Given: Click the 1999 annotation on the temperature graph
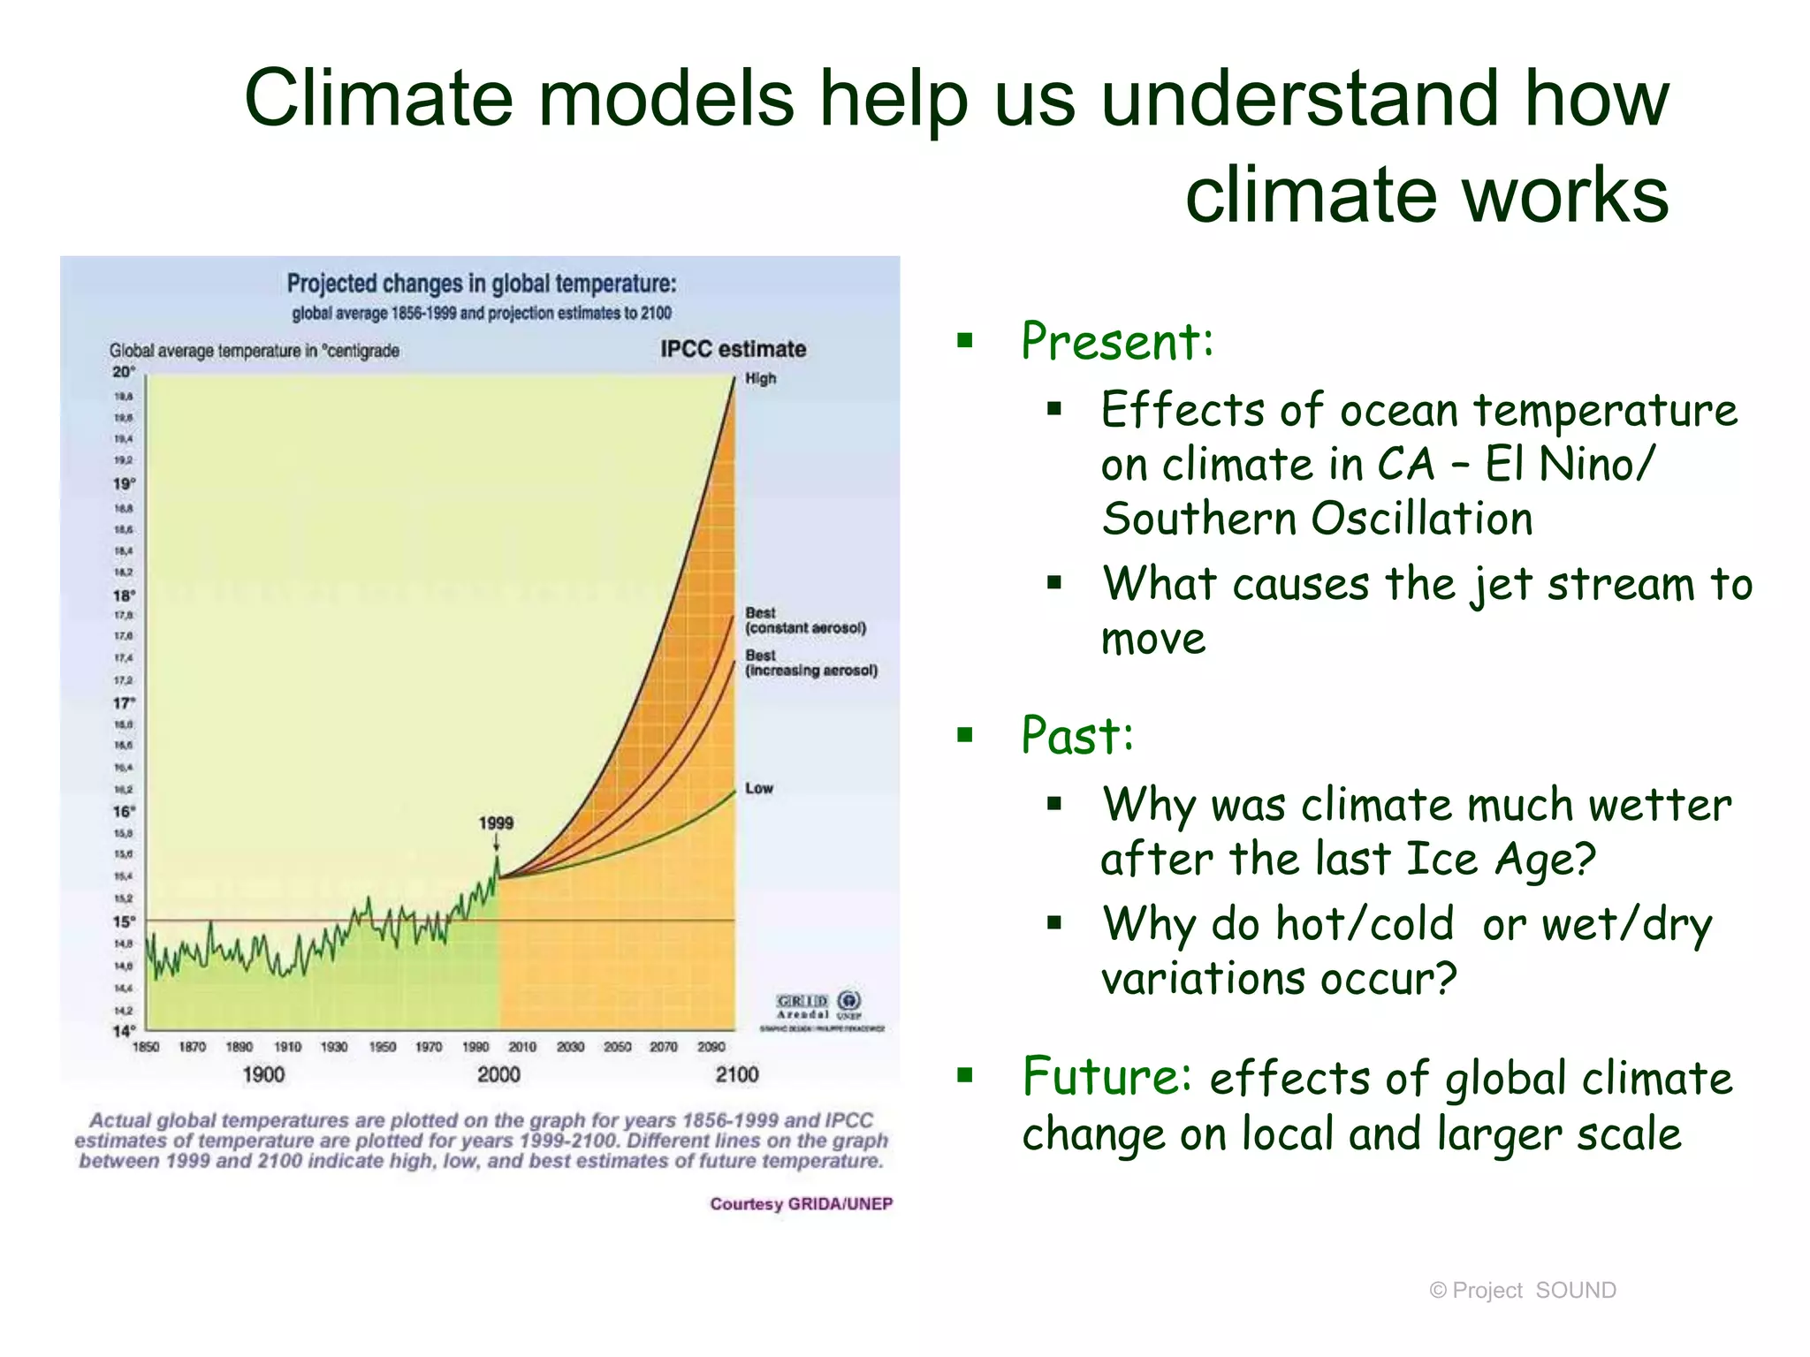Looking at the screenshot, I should (496, 823).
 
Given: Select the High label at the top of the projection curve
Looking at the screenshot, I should (760, 379).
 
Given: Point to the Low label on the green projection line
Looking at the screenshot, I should (758, 788).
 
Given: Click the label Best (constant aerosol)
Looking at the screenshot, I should (804, 621).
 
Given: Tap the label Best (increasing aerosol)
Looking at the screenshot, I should (810, 663).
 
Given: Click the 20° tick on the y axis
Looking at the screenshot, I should (124, 372).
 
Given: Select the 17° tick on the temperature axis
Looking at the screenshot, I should (124, 703).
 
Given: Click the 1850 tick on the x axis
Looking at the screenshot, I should (146, 1047).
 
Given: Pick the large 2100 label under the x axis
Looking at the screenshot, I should (737, 1075).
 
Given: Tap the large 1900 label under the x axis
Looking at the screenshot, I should (263, 1075).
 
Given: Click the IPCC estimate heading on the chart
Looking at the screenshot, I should (733, 350).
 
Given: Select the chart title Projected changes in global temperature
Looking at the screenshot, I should (482, 284).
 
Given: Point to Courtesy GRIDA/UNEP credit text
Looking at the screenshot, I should (801, 1204).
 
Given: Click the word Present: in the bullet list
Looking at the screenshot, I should (1117, 341).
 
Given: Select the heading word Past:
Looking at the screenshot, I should (1077, 735).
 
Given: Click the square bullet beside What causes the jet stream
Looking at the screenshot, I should (1053, 582).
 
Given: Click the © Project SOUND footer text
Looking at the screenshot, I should (1522, 1291).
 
